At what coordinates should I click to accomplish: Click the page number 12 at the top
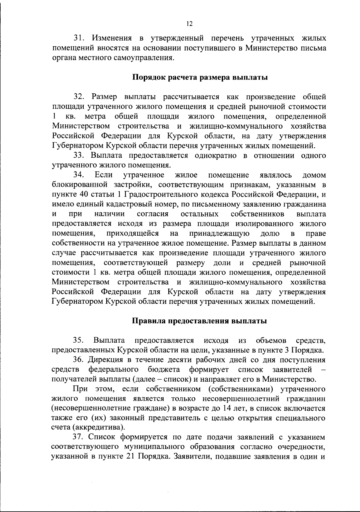tap(189, 24)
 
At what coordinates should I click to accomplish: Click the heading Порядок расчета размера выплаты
tap(200, 77)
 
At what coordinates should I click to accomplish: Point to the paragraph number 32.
tap(79, 97)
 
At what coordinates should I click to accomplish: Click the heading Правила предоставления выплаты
tap(199, 321)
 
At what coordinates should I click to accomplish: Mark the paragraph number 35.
tap(79, 341)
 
